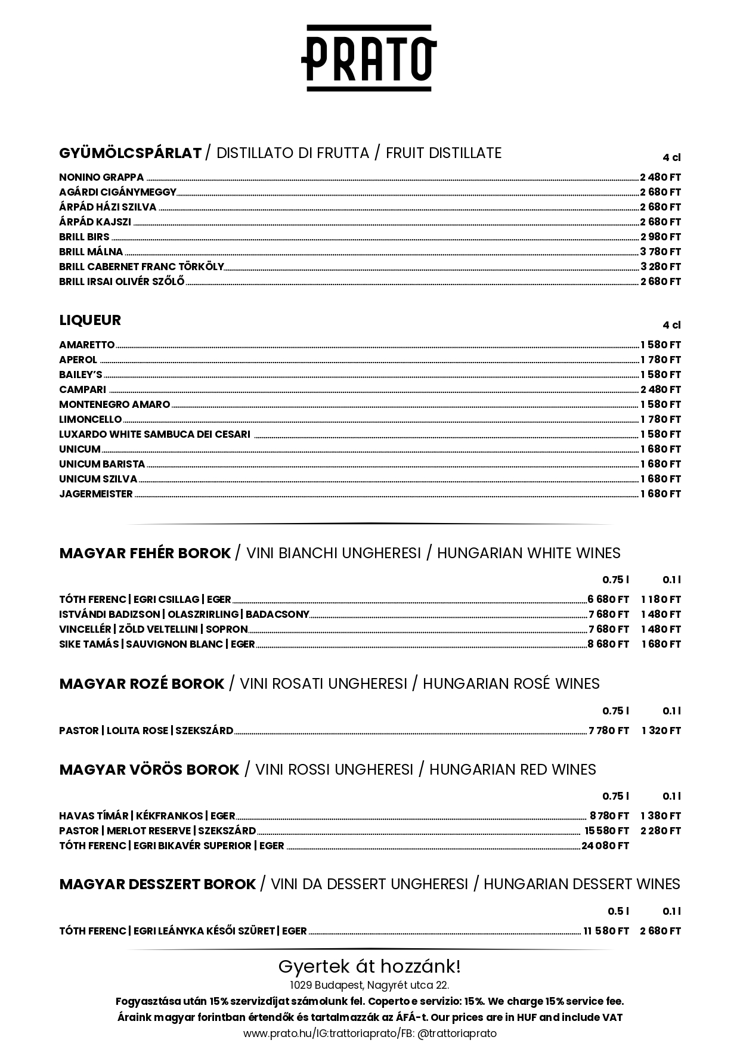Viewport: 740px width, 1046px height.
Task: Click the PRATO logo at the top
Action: coord(369,58)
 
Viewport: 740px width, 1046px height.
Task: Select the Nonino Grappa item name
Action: coord(101,177)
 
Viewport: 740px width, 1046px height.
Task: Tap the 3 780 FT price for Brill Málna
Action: coord(660,252)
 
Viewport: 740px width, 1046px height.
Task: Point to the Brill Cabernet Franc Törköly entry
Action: coord(141,267)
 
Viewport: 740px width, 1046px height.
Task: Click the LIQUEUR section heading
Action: coord(90,320)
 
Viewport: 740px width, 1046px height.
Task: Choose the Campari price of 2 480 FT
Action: coord(660,389)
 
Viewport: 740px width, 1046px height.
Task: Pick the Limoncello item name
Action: coord(90,419)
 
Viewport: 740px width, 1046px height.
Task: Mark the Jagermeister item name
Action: coord(95,494)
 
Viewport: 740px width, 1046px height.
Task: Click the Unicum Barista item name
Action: coord(102,464)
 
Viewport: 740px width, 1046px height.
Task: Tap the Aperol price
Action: coord(660,360)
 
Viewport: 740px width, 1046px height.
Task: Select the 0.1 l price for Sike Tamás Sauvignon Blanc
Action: coord(661,644)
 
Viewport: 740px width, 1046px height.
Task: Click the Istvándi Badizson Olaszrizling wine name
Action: coord(184,614)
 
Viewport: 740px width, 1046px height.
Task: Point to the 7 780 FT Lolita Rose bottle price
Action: coord(608,731)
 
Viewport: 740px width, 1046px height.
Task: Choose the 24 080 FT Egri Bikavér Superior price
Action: coord(605,846)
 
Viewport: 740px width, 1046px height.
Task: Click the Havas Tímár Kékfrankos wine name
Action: coord(147,816)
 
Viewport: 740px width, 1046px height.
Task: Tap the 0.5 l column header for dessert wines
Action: coord(618,911)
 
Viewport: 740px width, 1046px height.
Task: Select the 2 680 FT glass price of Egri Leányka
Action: coord(660,931)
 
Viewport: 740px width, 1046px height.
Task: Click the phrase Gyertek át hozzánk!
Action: coord(369,966)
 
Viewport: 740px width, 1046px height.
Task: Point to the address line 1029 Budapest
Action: coord(369,985)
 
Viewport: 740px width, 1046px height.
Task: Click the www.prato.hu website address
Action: coord(277,1033)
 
